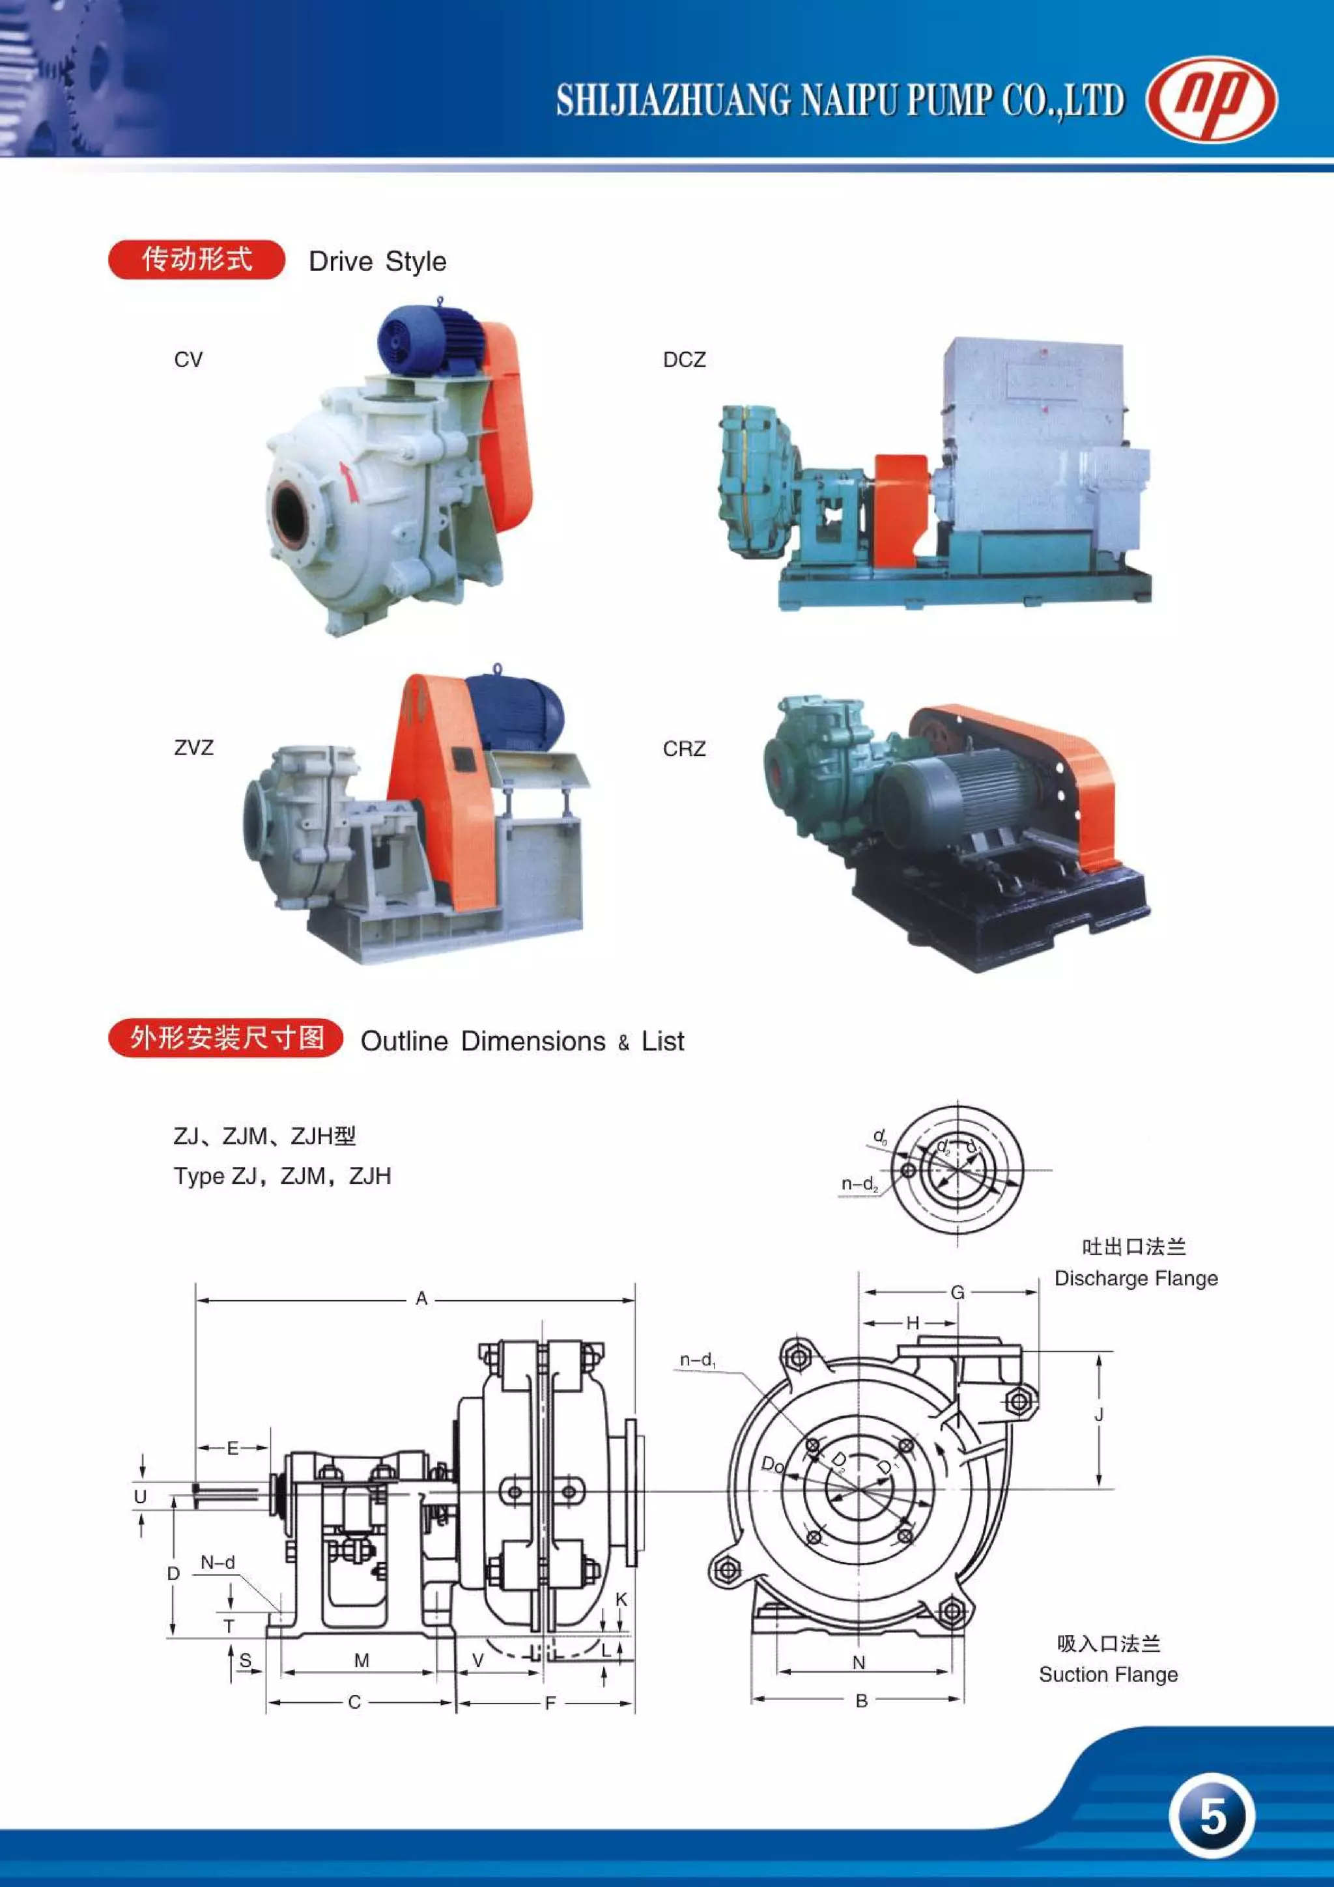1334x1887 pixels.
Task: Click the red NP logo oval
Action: [x=1211, y=100]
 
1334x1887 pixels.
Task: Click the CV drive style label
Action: [x=188, y=360]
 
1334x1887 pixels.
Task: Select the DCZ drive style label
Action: [x=684, y=360]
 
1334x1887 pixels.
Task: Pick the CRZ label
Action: [x=684, y=749]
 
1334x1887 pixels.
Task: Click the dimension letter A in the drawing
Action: [x=421, y=1298]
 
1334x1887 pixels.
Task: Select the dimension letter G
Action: [x=958, y=1293]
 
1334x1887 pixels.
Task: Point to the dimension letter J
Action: [x=1099, y=1414]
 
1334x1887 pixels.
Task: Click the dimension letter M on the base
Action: [x=362, y=1661]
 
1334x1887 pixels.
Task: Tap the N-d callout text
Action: [x=218, y=1562]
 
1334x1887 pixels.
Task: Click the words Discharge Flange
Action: [x=1136, y=1279]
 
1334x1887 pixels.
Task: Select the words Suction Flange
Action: [x=1108, y=1675]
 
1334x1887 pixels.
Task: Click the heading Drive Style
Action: [x=377, y=261]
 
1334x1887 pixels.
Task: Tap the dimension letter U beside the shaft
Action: [x=141, y=1496]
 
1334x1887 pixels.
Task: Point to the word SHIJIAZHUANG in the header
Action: [x=674, y=100]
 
